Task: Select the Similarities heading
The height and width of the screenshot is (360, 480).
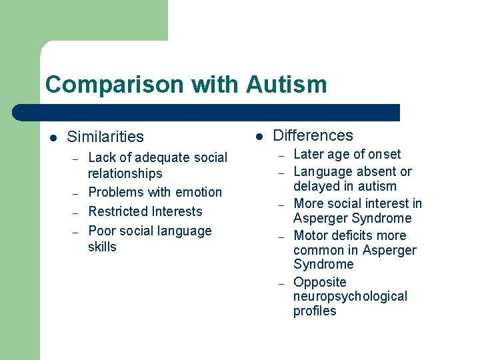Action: (x=105, y=137)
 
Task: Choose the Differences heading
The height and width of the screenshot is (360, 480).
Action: (x=313, y=135)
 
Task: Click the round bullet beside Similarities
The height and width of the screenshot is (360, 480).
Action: (x=53, y=138)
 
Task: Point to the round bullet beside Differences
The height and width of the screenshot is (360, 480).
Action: (x=259, y=137)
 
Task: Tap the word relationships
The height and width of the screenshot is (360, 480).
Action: (x=125, y=173)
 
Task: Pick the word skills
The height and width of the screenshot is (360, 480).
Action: (x=102, y=247)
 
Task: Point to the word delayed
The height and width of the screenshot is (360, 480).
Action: (x=317, y=186)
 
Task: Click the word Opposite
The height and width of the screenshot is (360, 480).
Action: (x=320, y=282)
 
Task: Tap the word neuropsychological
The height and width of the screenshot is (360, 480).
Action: (x=350, y=296)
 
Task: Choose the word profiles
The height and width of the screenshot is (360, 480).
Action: (x=315, y=311)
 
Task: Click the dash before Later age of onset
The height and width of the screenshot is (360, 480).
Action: (x=281, y=155)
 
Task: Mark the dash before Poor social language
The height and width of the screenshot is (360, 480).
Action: (x=76, y=232)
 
